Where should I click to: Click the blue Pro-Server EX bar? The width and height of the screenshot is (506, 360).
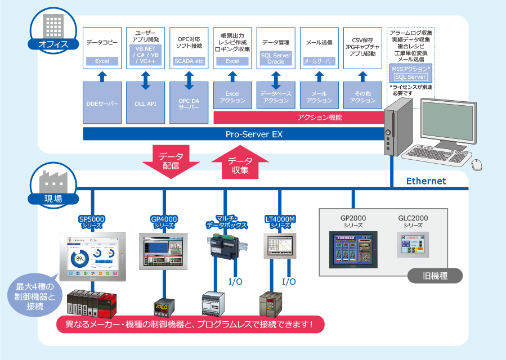click(253, 134)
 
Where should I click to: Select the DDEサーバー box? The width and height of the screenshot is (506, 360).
click(102, 103)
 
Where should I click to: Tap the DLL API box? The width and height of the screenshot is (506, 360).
click(145, 103)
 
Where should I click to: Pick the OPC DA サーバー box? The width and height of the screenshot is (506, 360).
click(189, 103)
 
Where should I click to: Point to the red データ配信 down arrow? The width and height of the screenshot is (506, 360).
click(171, 161)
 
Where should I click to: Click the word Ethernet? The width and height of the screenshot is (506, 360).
click(426, 181)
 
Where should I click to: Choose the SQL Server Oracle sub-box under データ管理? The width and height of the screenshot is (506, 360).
click(276, 58)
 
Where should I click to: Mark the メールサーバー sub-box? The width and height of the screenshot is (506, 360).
click(319, 61)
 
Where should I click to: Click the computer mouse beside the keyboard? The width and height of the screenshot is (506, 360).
click(476, 164)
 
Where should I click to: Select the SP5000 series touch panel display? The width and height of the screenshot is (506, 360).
click(93, 256)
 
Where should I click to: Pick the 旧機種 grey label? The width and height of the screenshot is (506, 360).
click(435, 276)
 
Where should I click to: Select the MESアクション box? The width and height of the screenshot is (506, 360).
click(410, 73)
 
